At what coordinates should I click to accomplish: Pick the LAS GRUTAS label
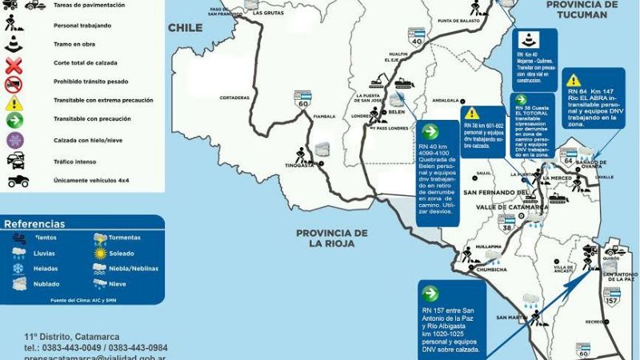click(x=267, y=14)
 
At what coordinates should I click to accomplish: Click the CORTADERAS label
click(x=235, y=98)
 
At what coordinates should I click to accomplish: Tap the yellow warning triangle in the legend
click(x=14, y=102)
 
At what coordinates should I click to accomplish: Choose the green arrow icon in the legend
click(x=14, y=121)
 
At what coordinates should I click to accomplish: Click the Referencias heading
click(x=35, y=224)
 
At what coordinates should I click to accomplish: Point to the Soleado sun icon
click(x=100, y=253)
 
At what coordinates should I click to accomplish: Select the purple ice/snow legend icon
click(x=14, y=140)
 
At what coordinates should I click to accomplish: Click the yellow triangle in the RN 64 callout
click(x=574, y=81)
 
